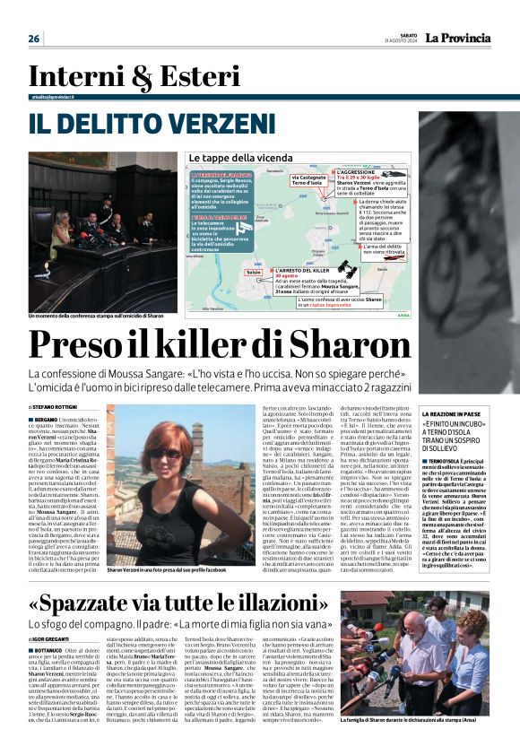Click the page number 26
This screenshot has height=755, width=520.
tap(34, 39)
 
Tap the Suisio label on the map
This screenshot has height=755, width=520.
tap(254, 270)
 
